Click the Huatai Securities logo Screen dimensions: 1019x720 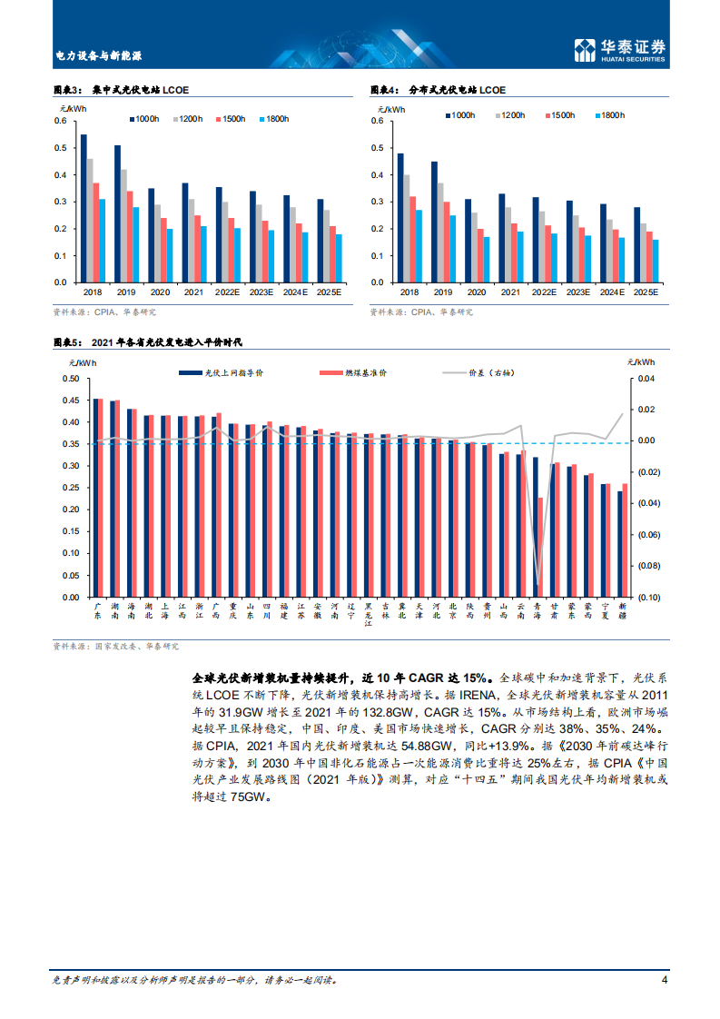coord(621,51)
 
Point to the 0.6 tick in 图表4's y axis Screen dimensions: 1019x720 coord(377,121)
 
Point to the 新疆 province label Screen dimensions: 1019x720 coord(622,609)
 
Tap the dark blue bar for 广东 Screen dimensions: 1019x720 coord(96,498)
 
